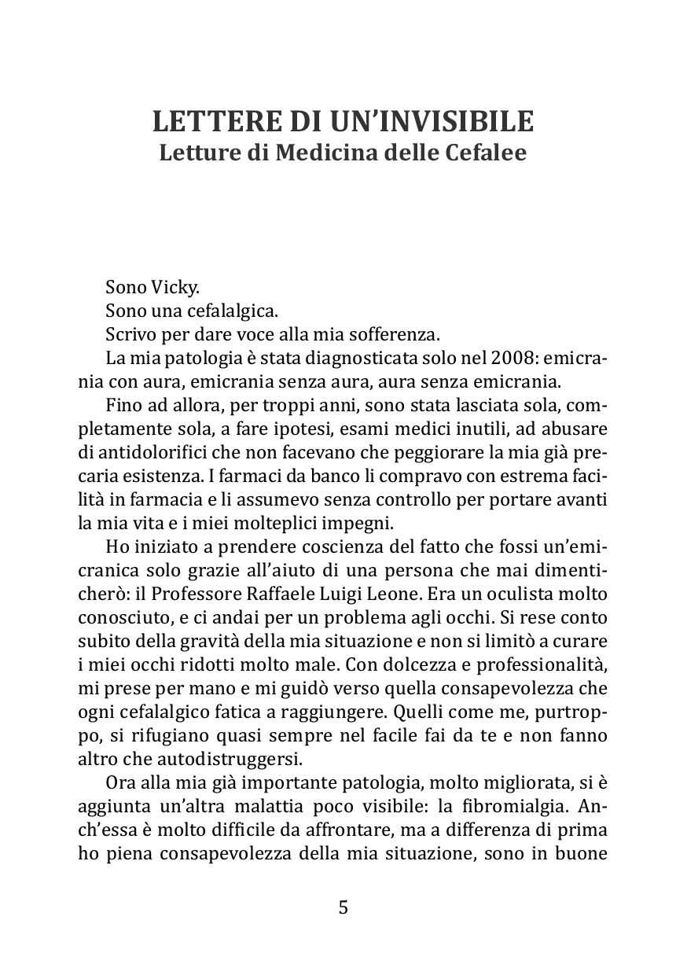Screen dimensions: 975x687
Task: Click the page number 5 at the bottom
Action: click(343, 907)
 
